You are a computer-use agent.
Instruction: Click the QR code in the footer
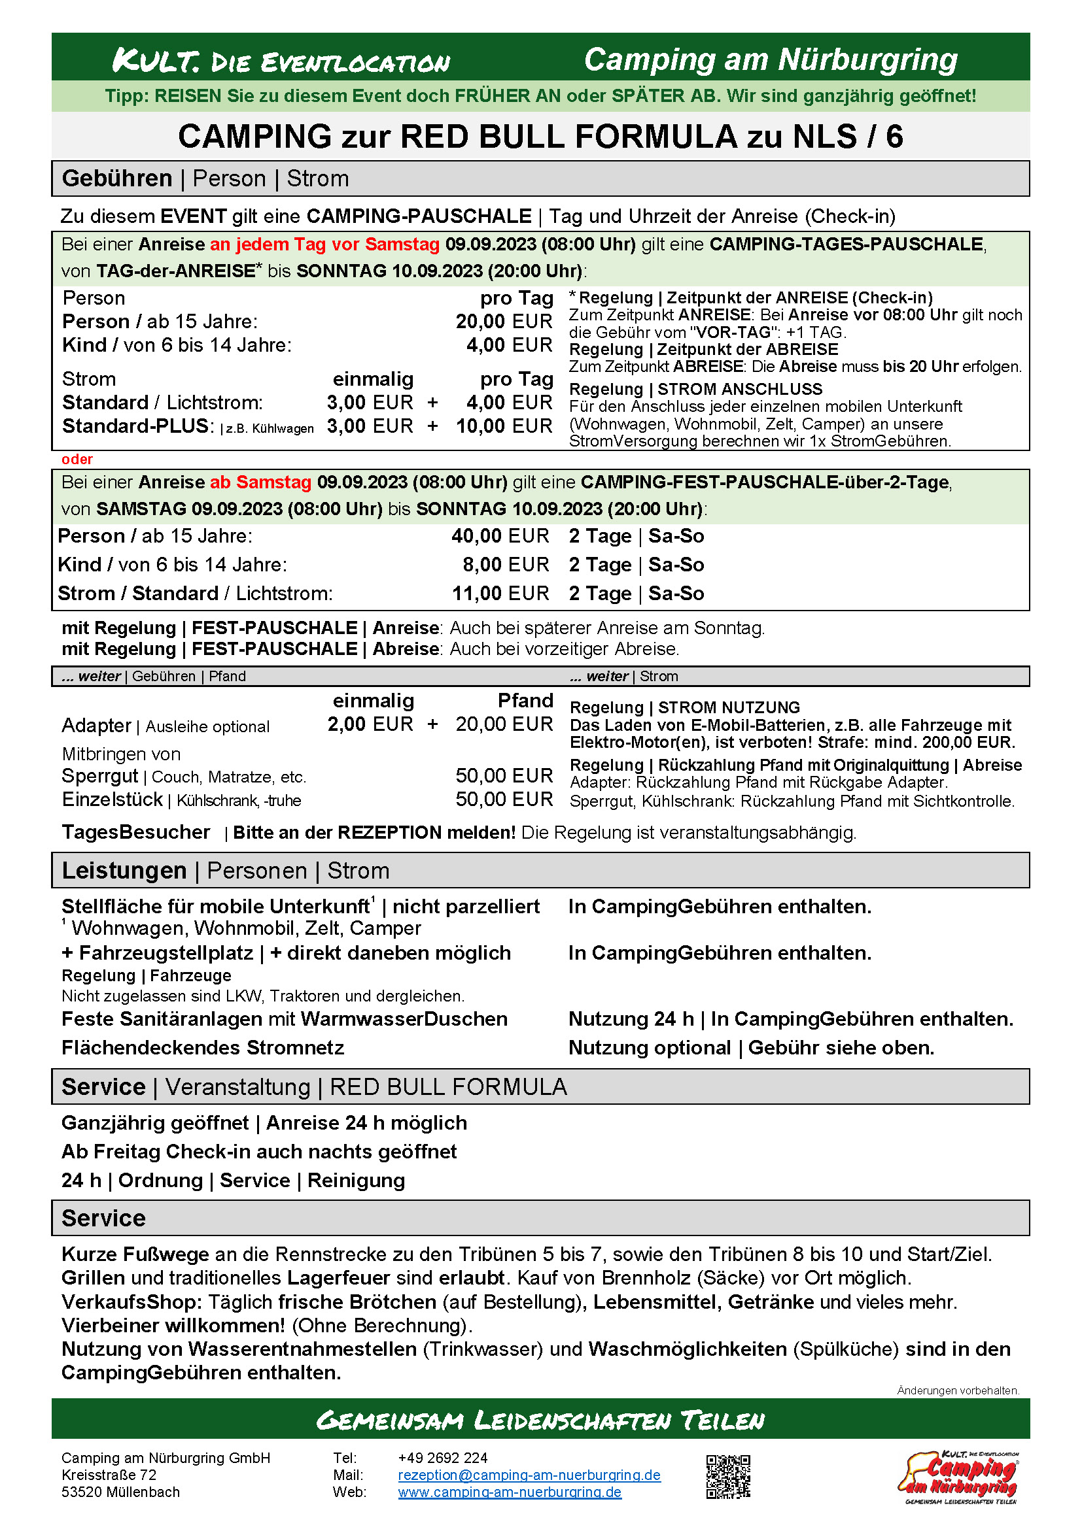click(x=727, y=1477)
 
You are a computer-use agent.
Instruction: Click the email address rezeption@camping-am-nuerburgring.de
click(x=529, y=1475)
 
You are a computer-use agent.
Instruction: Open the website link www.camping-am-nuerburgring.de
click(x=510, y=1492)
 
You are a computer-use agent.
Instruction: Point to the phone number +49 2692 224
click(x=442, y=1458)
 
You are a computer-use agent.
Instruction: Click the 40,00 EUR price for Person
click(x=500, y=536)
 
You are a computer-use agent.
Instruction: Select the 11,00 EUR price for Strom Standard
click(x=500, y=594)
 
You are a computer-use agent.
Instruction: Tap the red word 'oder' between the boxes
click(x=77, y=460)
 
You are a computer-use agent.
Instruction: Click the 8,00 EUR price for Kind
click(x=505, y=565)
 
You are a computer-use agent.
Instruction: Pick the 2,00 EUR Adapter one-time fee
click(x=370, y=724)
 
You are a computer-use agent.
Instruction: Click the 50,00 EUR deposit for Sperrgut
click(x=504, y=775)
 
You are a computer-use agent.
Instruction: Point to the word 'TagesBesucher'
click(x=135, y=832)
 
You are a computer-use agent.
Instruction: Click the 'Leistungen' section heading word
click(x=124, y=871)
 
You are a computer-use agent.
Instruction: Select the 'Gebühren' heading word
click(x=116, y=179)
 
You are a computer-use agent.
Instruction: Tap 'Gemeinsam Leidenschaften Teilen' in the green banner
click(x=540, y=1420)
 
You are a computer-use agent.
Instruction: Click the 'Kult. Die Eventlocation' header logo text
click(x=281, y=61)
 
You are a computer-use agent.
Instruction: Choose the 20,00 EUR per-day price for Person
click(x=504, y=322)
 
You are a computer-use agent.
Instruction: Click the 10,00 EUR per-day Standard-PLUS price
click(x=504, y=426)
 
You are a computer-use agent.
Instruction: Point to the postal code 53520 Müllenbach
click(x=120, y=1492)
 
